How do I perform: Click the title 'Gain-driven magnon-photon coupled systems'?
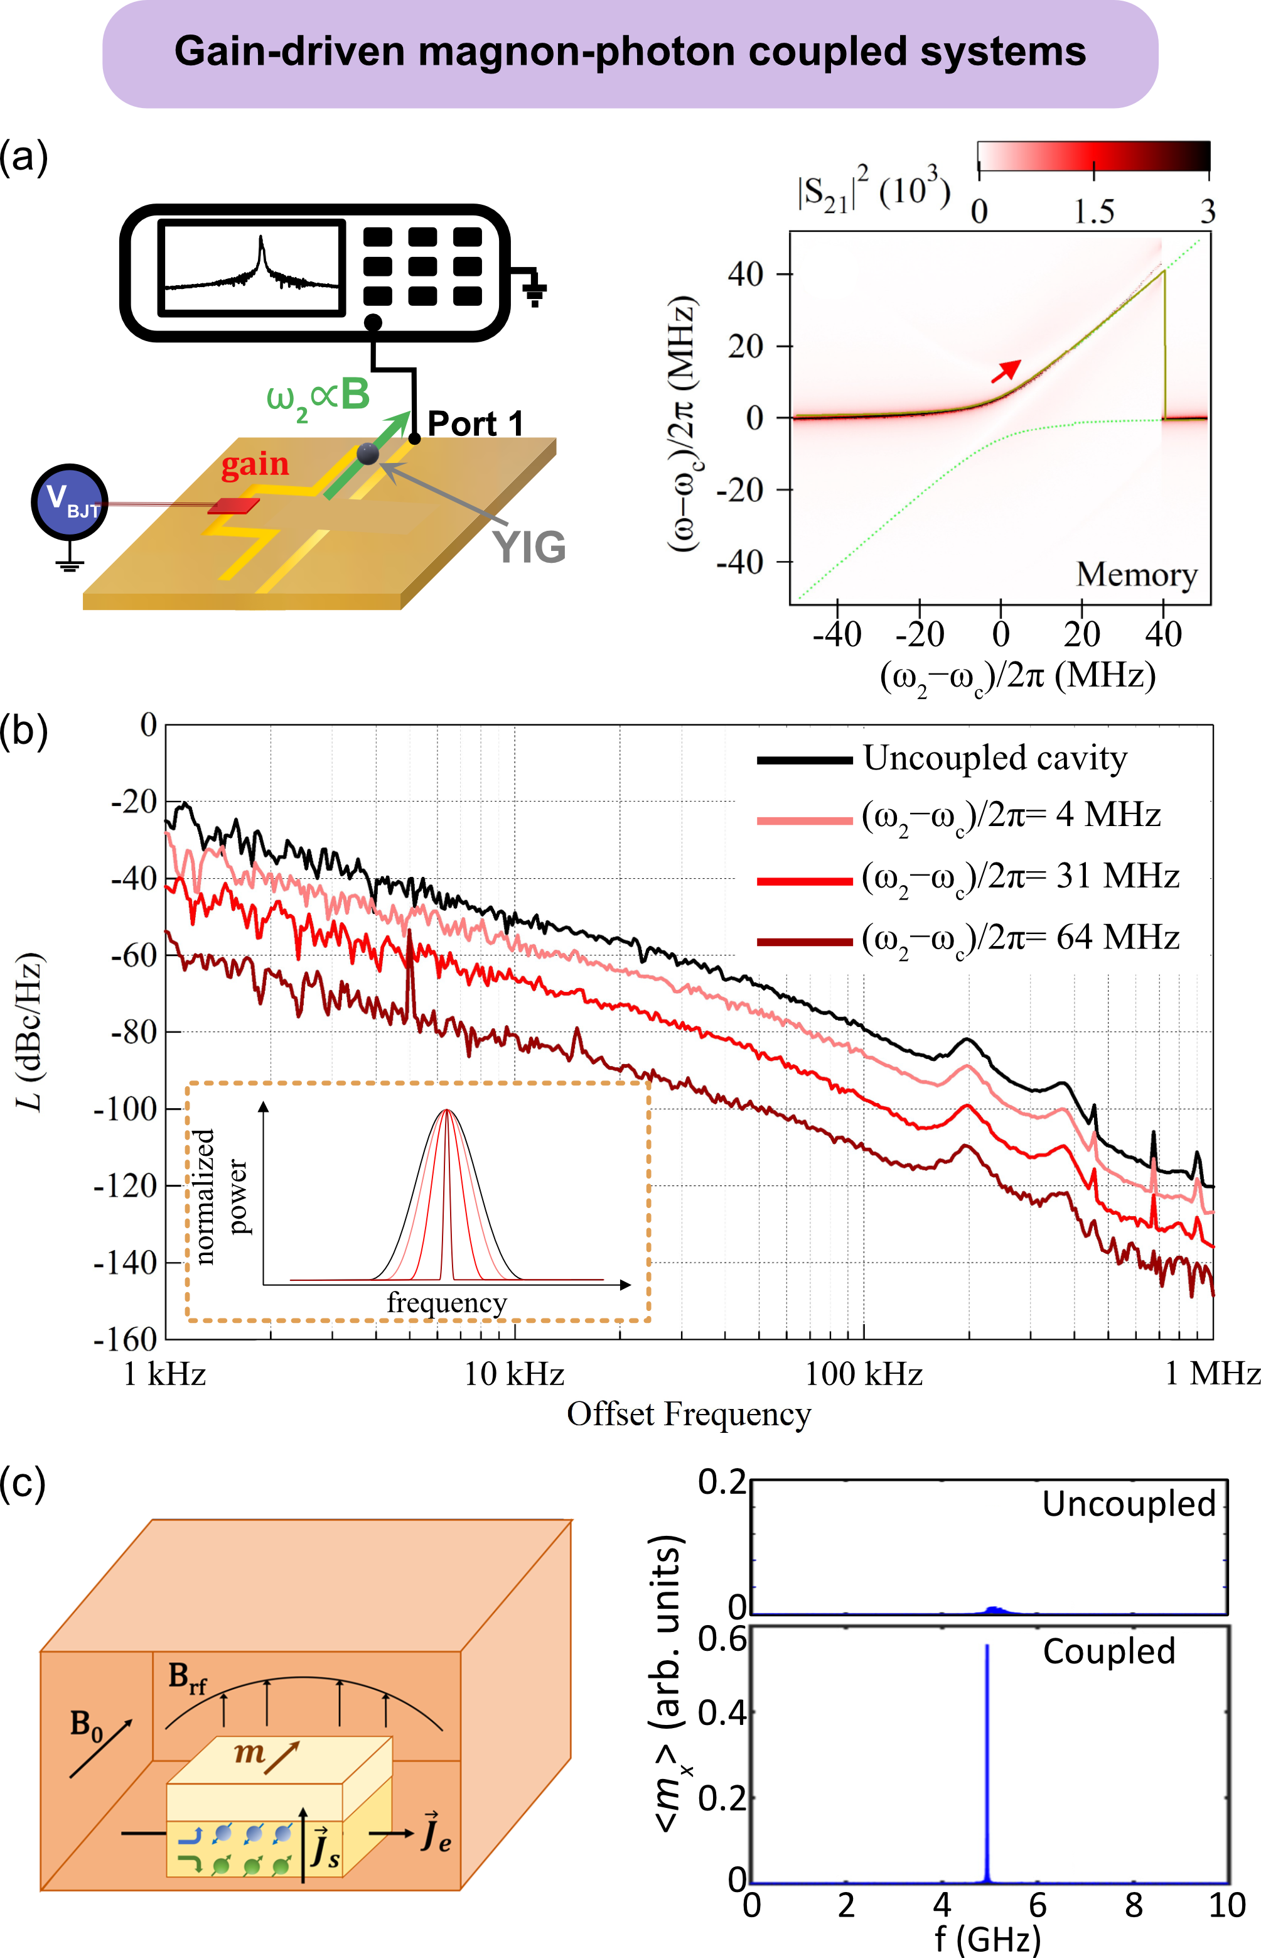click(630, 52)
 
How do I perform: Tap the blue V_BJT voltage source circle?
click(70, 501)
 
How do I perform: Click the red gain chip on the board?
click(234, 506)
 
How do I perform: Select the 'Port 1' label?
click(475, 423)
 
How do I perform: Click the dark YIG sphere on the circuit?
click(368, 453)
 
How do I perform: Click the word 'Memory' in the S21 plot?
click(1137, 574)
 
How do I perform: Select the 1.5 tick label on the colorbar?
click(1094, 212)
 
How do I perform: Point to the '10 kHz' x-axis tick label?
click(514, 1374)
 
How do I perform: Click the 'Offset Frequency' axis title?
click(689, 1414)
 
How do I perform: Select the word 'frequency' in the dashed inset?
click(447, 1303)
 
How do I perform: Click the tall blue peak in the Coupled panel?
click(987, 1761)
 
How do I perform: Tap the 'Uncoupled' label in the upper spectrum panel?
click(1129, 1503)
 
